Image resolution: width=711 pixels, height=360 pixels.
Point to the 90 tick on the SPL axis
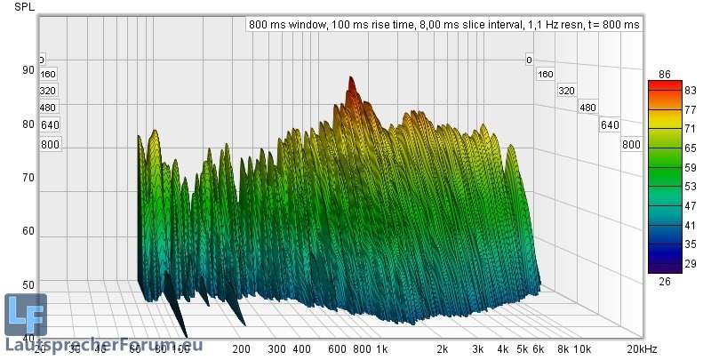click(28, 70)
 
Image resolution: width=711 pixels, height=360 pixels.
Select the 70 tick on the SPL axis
click(28, 177)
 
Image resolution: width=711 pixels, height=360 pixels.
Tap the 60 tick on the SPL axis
click(28, 231)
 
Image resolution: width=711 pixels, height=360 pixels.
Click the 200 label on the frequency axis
click(242, 350)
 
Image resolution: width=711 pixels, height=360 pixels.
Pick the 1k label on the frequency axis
click(381, 350)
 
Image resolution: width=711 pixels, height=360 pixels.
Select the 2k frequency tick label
click(442, 350)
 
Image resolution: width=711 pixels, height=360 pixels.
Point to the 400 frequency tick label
click(301, 350)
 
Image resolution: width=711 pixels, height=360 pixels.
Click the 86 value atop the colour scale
click(663, 74)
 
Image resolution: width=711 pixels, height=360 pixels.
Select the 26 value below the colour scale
click(663, 281)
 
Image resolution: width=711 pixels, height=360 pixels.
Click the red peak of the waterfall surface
click(351, 84)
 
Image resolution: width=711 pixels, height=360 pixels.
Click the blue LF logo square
click(25, 314)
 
